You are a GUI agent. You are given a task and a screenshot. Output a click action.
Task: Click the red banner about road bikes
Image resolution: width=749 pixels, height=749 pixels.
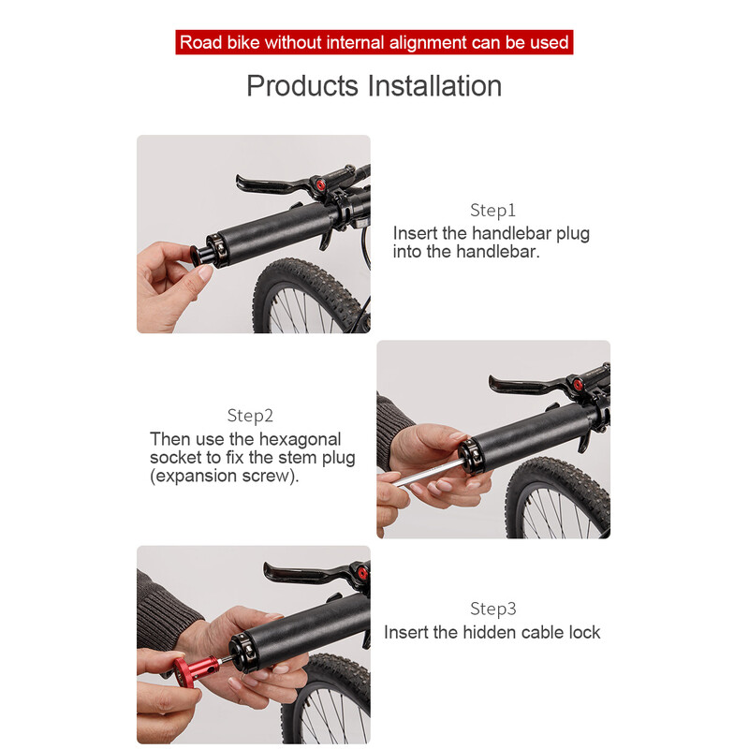[374, 42]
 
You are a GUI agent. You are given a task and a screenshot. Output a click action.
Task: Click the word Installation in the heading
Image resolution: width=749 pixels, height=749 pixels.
[434, 86]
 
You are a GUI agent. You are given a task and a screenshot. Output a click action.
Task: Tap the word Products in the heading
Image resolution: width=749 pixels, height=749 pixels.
[301, 86]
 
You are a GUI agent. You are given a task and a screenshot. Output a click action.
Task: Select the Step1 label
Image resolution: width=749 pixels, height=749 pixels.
[493, 210]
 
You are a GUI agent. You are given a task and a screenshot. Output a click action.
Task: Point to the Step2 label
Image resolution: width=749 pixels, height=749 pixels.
[250, 416]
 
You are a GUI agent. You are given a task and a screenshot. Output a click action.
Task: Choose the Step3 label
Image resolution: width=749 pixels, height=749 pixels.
[493, 609]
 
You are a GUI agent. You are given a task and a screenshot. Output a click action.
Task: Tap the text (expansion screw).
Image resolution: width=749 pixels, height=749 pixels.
[225, 476]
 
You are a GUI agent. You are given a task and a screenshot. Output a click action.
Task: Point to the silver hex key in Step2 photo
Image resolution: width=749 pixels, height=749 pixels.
[428, 472]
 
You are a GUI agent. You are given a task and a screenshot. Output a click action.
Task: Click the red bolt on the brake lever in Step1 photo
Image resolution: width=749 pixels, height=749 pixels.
[319, 184]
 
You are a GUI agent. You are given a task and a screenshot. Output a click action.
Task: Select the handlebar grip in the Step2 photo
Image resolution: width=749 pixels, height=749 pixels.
[530, 434]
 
